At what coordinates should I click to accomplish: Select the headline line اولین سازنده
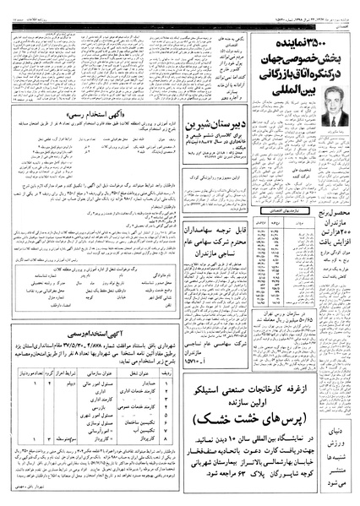(241, 400)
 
